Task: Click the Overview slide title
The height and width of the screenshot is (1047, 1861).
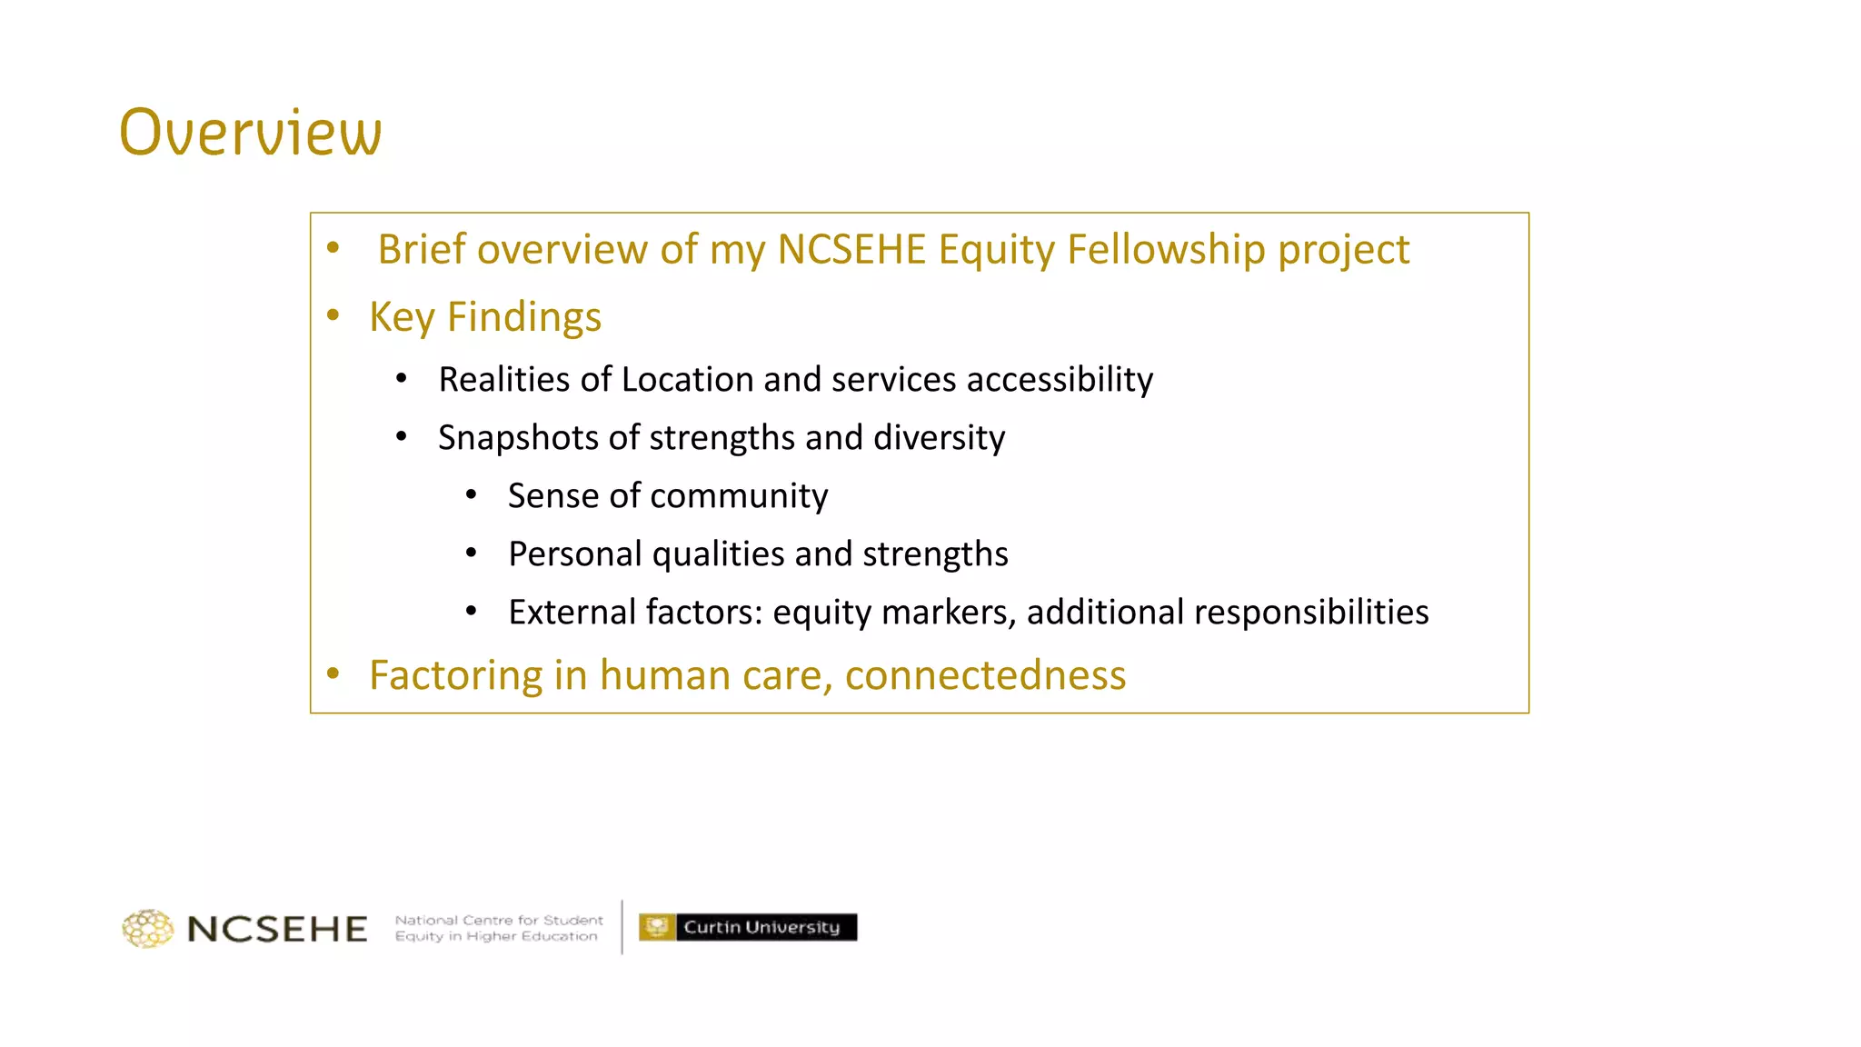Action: coord(251,133)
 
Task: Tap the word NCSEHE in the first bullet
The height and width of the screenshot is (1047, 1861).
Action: coord(851,250)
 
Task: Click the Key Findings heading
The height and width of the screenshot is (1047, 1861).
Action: coord(485,317)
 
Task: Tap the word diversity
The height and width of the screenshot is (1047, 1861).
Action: coord(939,438)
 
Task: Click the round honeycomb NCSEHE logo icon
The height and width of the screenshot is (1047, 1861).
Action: coord(147,928)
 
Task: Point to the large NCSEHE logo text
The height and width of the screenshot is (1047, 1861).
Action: coord(277,929)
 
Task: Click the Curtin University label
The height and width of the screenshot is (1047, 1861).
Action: coord(761,927)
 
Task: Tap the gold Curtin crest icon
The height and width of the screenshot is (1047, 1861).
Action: coord(656,927)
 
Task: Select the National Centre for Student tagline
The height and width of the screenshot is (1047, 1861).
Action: coord(499,920)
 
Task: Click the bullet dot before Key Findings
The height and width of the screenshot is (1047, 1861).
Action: coord(333,315)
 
